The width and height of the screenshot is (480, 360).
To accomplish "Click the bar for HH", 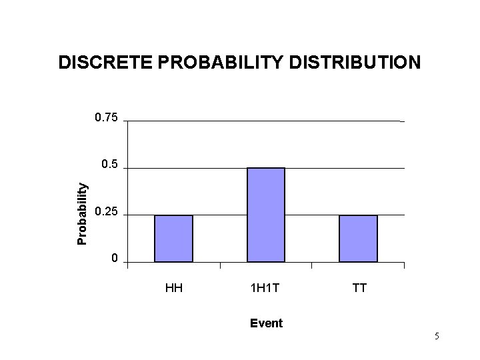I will pyautogui.click(x=173, y=239).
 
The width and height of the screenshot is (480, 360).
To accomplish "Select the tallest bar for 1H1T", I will pyautogui.click(x=266, y=215).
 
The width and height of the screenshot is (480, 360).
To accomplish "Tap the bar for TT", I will pyautogui.click(x=358, y=239).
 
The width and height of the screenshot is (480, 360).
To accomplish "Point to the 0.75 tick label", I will pyautogui.click(x=106, y=118).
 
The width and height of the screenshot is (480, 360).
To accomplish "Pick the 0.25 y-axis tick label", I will pyautogui.click(x=106, y=212).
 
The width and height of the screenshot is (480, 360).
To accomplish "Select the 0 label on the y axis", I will pyautogui.click(x=115, y=259).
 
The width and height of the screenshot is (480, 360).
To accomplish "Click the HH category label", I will pyautogui.click(x=174, y=289).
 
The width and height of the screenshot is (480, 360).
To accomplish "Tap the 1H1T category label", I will pyautogui.click(x=265, y=289).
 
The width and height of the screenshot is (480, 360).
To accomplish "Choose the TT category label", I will pyautogui.click(x=358, y=289).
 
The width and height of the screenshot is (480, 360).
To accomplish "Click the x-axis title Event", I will pyautogui.click(x=266, y=323).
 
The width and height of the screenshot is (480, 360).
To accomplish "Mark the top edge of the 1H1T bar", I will pyautogui.click(x=266, y=168).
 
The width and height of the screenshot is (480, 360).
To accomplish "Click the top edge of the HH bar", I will pyautogui.click(x=173, y=215).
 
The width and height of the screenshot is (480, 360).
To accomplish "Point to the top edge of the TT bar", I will pyautogui.click(x=358, y=215).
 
